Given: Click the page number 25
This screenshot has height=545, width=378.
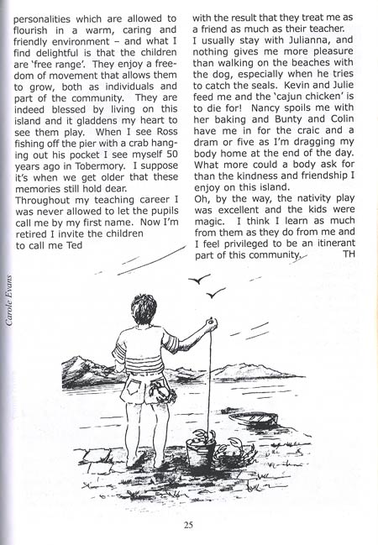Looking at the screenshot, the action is [189, 527].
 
